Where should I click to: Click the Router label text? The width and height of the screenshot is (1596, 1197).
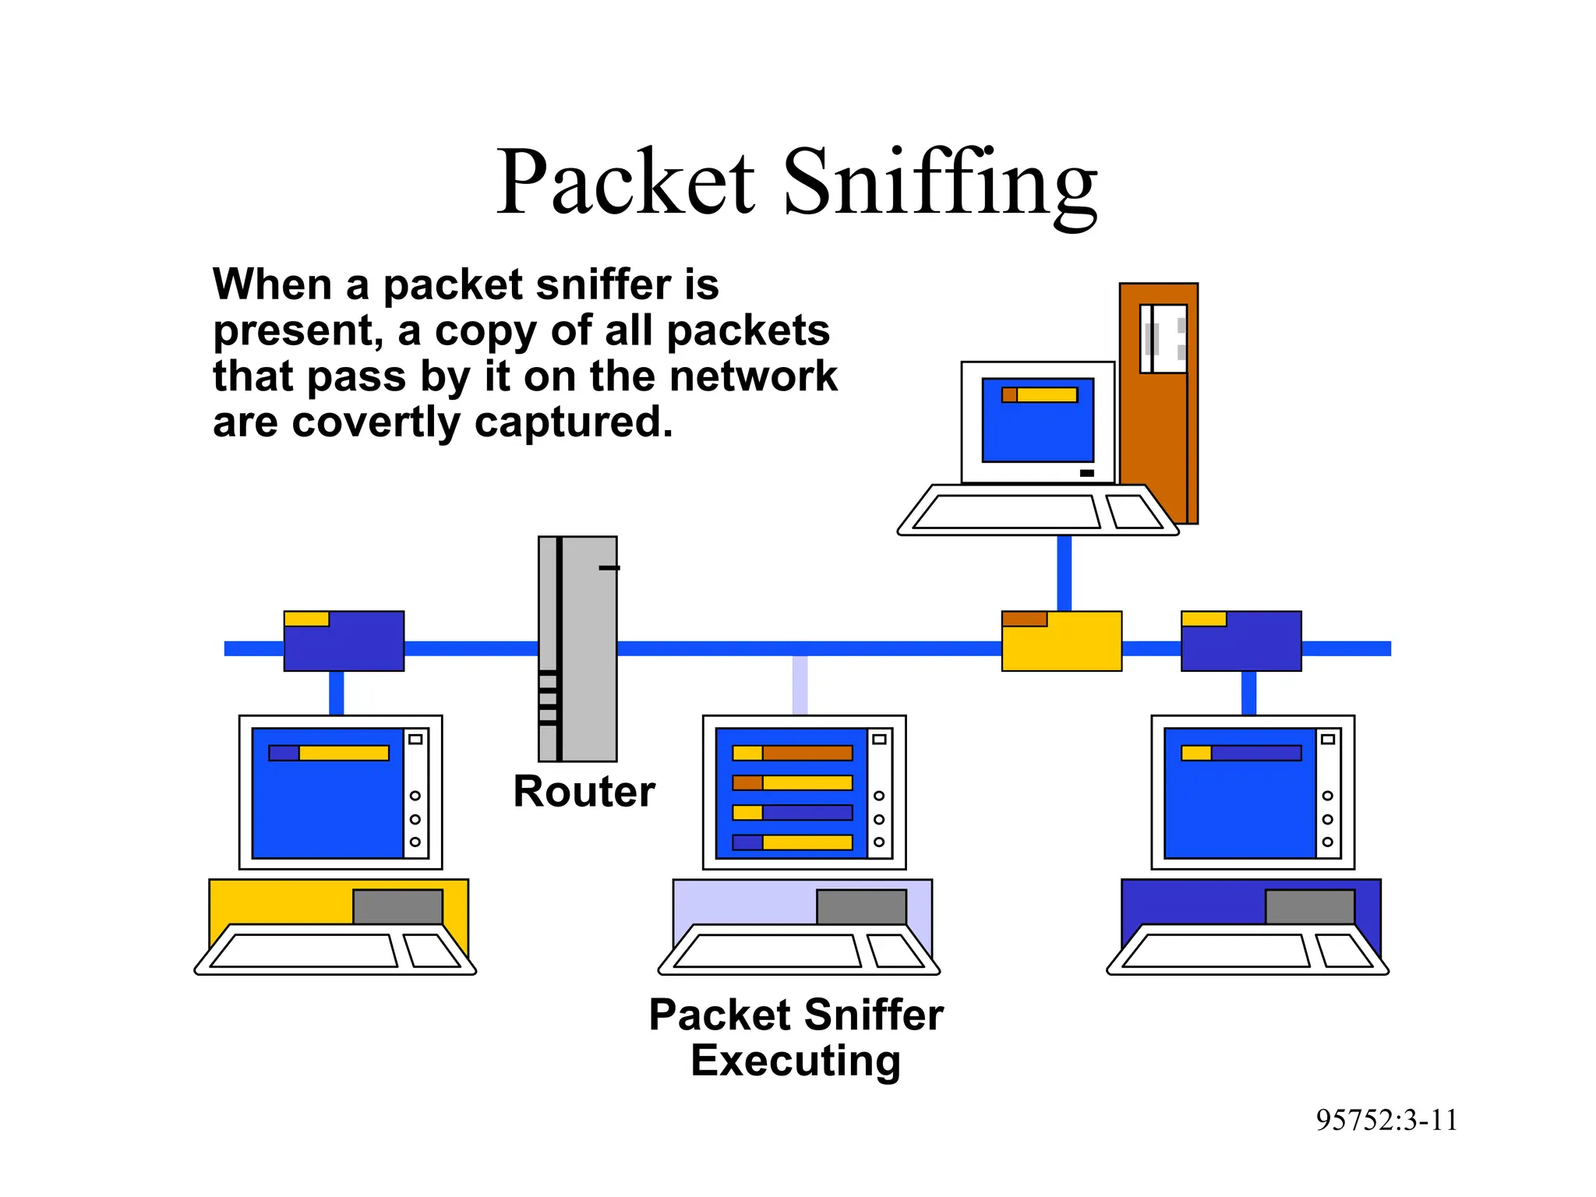pyautogui.click(x=584, y=792)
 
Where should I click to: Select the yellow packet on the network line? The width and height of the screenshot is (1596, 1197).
pyautogui.click(x=1061, y=642)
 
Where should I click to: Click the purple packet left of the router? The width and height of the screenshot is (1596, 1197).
pyautogui.click(x=344, y=641)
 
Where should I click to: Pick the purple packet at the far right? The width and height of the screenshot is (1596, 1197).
pyautogui.click(x=1241, y=641)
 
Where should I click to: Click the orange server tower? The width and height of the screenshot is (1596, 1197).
pyautogui.click(x=1158, y=436)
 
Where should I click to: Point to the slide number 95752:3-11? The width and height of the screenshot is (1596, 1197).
pyautogui.click(x=1386, y=1121)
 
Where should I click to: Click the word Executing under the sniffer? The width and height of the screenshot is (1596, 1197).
pyautogui.click(x=796, y=1061)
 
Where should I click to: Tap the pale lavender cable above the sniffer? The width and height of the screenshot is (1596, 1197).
pyautogui.click(x=800, y=685)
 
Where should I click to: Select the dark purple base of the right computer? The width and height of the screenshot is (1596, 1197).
pyautogui.click(x=1192, y=901)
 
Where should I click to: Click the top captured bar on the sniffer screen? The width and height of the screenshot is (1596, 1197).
pyautogui.click(x=793, y=753)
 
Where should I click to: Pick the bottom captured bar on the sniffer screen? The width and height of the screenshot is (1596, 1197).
pyautogui.click(x=793, y=842)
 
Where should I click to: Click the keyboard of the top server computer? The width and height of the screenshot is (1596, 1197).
pyautogui.click(x=1005, y=512)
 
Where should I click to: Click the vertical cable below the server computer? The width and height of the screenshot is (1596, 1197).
pyautogui.click(x=1064, y=573)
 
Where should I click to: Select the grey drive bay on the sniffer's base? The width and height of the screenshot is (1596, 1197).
pyautogui.click(x=861, y=906)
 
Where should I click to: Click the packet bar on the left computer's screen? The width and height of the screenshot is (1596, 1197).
pyautogui.click(x=329, y=753)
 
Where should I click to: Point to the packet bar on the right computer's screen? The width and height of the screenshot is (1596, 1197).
pyautogui.click(x=1241, y=753)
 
